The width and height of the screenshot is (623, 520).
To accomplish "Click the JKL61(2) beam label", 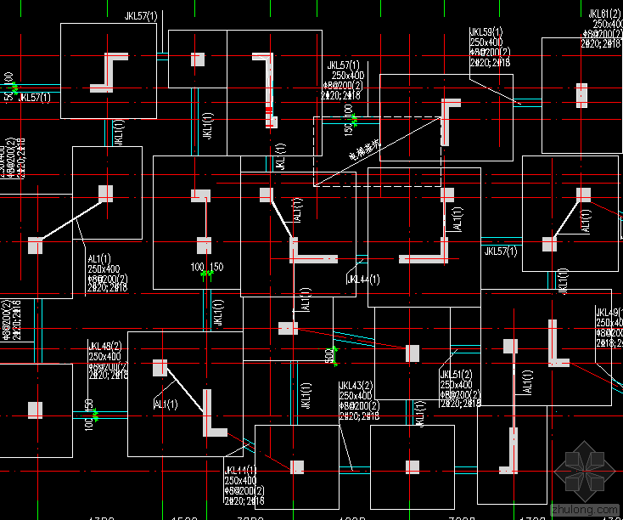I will click(x=604, y=14).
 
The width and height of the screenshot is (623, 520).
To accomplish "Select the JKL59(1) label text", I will click(x=486, y=32).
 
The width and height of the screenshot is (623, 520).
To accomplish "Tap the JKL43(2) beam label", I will click(x=356, y=386).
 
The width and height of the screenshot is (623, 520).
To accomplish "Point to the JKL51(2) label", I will click(x=457, y=375).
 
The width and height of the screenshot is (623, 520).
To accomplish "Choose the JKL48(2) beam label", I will click(x=105, y=346).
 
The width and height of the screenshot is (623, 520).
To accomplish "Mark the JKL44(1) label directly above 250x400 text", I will click(x=241, y=471).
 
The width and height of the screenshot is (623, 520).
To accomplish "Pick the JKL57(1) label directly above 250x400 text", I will click(x=343, y=65).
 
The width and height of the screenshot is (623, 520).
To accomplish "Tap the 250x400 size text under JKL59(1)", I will click(x=486, y=42).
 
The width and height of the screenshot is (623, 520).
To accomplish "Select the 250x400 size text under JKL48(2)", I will click(x=105, y=356).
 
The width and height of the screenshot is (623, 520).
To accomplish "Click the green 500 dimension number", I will click(x=328, y=356).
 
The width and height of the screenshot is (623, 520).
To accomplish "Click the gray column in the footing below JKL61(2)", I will click(x=581, y=94).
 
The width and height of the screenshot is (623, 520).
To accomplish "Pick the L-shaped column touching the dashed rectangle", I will click(x=447, y=119).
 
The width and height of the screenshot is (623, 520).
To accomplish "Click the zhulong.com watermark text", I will click(x=585, y=508).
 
